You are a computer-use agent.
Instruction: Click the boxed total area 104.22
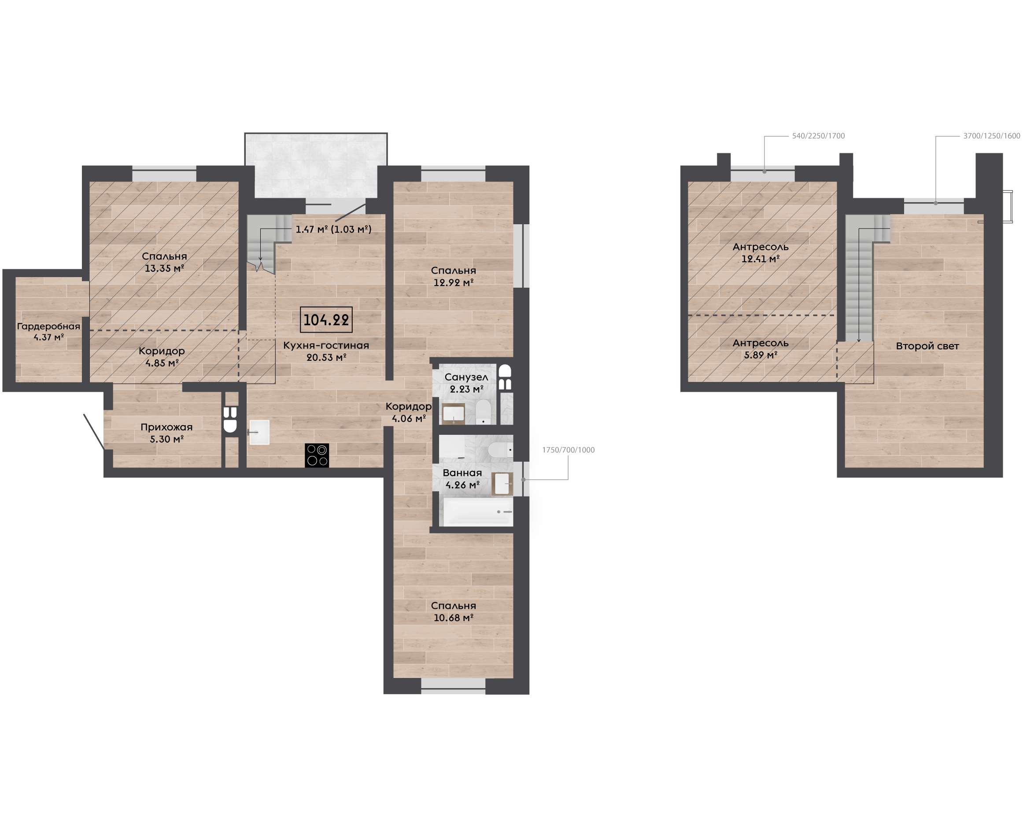coord(326,320)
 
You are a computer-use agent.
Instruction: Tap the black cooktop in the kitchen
coord(317,456)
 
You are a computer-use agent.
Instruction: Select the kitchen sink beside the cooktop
coord(259,433)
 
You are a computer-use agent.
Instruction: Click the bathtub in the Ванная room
coord(478,511)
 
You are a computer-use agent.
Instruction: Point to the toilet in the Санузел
coord(483,411)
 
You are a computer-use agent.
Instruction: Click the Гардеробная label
coord(48,326)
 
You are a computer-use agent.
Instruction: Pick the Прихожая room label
coord(166,427)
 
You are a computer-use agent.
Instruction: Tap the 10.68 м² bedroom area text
coord(453,618)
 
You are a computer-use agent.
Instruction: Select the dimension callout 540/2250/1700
coord(818,136)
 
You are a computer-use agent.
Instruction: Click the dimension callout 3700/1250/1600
coord(992,136)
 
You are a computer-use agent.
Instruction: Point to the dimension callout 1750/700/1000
coord(569,450)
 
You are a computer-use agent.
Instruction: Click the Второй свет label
coord(927,346)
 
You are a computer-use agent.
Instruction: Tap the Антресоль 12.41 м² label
coord(761,253)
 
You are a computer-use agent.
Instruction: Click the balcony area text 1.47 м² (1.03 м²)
coord(333,230)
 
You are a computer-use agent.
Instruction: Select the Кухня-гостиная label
coord(326,345)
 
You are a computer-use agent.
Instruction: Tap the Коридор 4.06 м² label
coord(409,412)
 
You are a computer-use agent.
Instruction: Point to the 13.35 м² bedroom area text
coord(165,268)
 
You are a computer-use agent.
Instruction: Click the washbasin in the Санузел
coord(454,414)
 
